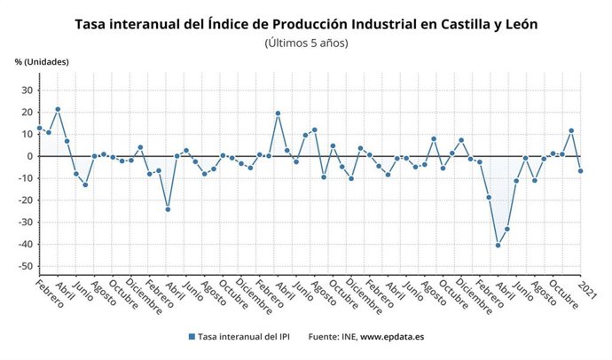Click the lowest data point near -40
[498, 245]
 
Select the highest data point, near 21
[58, 110]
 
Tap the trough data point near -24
[168, 209]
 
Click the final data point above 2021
[581, 171]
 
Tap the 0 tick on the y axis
[29, 156]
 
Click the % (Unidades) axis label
[42, 61]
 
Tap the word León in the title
[518, 24]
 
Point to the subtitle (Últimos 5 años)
[306, 43]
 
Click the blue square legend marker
[192, 337]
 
